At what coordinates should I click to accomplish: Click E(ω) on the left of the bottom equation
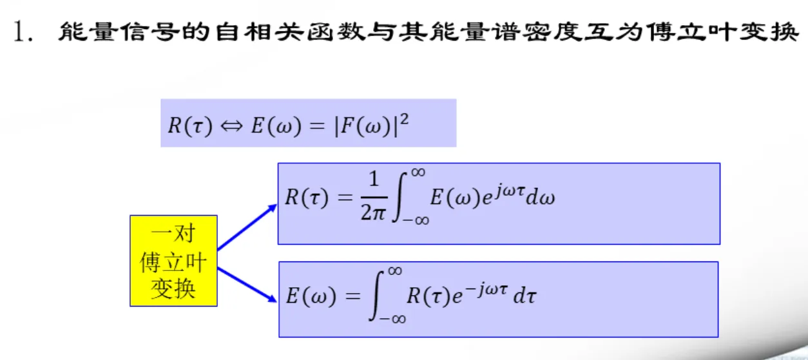pyautogui.click(x=312, y=296)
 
